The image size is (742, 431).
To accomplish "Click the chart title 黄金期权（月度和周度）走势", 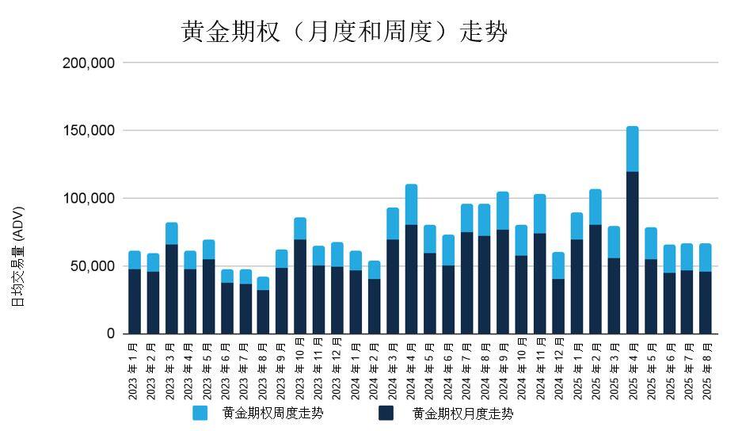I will pyautogui.click(x=344, y=31).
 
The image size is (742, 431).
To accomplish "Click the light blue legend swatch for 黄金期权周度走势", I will pyautogui.click(x=200, y=413).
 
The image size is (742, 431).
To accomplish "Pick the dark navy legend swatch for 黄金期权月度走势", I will pyautogui.click(x=386, y=413).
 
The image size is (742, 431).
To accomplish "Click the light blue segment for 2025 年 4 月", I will pyautogui.click(x=632, y=149).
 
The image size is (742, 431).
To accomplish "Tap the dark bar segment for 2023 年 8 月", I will pyautogui.click(x=263, y=311).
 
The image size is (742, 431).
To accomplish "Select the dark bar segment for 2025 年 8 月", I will pyautogui.click(x=705, y=303).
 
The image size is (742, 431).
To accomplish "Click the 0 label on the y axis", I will pyautogui.click(x=111, y=334).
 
